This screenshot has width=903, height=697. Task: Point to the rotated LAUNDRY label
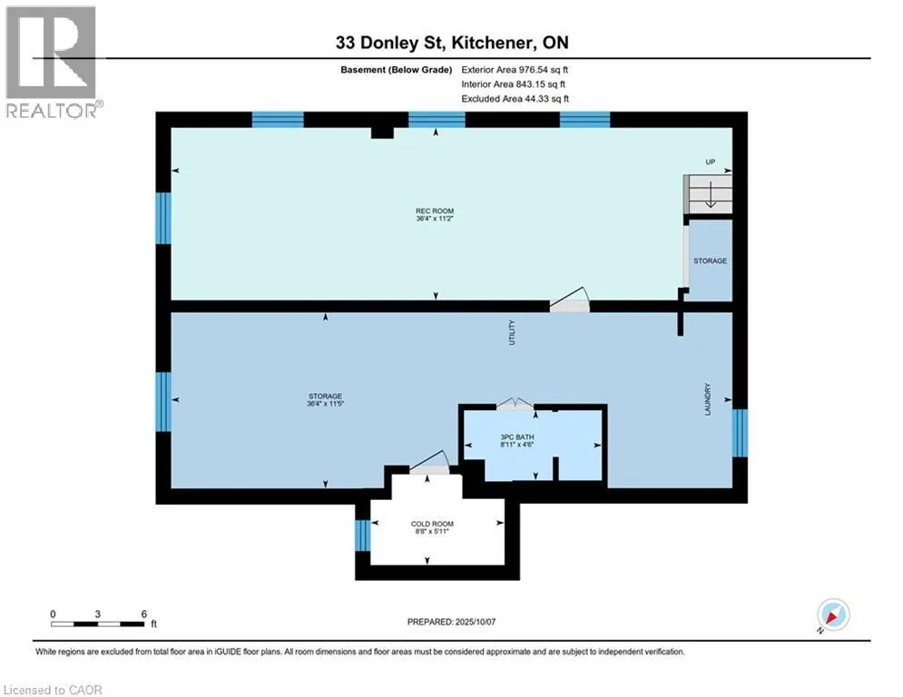[x=708, y=399]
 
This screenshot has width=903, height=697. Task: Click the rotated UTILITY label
[x=511, y=332]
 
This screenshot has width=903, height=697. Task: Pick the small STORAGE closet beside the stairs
[x=710, y=261]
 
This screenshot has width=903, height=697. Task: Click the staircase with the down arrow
[x=709, y=194]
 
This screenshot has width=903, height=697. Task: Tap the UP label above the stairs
[x=711, y=162]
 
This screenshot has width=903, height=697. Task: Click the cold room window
[x=362, y=535]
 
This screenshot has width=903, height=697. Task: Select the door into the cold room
[x=429, y=464]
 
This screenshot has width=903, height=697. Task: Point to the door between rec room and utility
[x=570, y=300]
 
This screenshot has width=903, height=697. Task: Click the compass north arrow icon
[x=833, y=615]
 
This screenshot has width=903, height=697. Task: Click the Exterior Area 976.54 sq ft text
[x=515, y=70]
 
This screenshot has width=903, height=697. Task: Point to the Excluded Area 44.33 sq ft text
[x=515, y=99]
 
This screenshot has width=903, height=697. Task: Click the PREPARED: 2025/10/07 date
[x=452, y=622]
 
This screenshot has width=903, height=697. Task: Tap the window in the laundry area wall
[x=740, y=433]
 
